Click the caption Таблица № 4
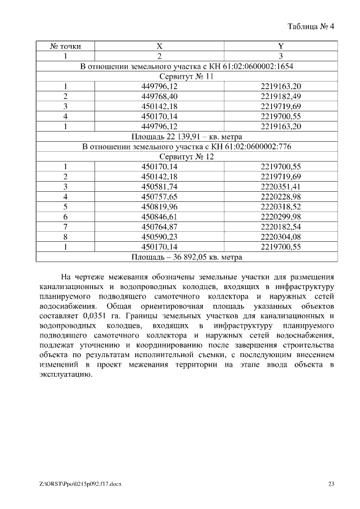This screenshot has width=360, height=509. pyautogui.click(x=310, y=27)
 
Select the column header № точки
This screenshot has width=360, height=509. pyautogui.click(x=65, y=46)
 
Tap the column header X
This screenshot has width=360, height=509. pyautogui.click(x=159, y=46)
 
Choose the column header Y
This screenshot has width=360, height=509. pyautogui.click(x=281, y=46)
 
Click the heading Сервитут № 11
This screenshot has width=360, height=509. pyautogui.click(x=187, y=76)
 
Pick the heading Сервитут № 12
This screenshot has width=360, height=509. pyautogui.click(x=187, y=156)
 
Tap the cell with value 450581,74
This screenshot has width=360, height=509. pyautogui.click(x=159, y=186)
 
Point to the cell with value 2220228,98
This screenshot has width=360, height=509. pyautogui.click(x=281, y=196)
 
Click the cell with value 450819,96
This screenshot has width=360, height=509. pyautogui.click(x=159, y=206)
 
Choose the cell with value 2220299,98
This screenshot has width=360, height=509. pyautogui.click(x=281, y=217)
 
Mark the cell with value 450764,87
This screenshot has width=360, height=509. pyautogui.click(x=159, y=226)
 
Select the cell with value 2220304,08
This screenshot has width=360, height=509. pyautogui.click(x=281, y=236)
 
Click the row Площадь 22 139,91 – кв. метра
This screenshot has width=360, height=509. pyautogui.click(x=187, y=136)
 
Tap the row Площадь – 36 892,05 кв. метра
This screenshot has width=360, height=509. pyautogui.click(x=187, y=256)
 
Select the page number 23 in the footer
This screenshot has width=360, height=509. pyautogui.click(x=331, y=483)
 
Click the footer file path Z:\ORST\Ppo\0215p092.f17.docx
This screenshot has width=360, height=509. pyautogui.click(x=78, y=483)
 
